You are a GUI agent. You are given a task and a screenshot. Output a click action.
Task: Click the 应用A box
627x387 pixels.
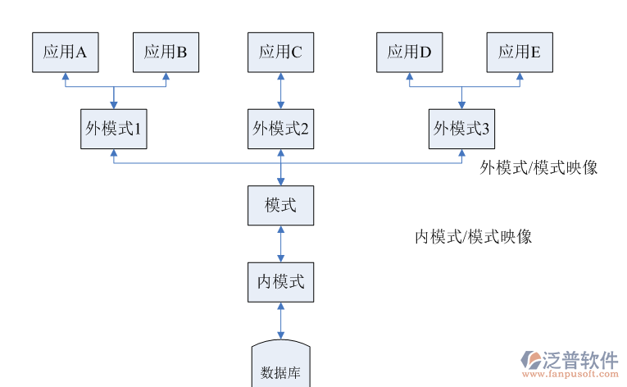tap(65, 52)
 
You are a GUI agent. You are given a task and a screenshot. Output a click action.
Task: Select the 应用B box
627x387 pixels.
tap(166, 52)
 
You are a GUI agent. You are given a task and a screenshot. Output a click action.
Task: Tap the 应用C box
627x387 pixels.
tap(280, 52)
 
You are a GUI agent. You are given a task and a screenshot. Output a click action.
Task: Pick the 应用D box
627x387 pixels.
tap(409, 52)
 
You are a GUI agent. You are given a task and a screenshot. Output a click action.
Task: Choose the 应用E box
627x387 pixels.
tap(519, 52)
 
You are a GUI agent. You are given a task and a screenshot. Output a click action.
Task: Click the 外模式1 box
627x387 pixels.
tap(114, 129)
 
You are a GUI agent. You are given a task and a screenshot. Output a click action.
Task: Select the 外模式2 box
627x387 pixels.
tap(280, 129)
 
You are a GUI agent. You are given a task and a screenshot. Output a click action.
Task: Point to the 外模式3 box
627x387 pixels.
tap(461, 129)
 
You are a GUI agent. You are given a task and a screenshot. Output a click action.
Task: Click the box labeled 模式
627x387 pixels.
tap(280, 205)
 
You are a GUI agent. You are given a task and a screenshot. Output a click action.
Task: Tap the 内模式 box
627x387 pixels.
tap(280, 281)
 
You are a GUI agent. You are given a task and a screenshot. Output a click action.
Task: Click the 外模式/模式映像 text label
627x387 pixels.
tap(538, 168)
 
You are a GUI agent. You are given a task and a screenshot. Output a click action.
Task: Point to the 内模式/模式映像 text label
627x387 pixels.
tap(473, 237)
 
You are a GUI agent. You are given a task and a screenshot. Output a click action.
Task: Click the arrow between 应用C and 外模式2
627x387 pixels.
tap(281, 90)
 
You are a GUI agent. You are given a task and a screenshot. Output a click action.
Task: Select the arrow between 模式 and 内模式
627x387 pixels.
tap(281, 244)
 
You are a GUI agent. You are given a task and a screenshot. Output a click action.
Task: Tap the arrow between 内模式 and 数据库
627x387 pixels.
tap(281, 321)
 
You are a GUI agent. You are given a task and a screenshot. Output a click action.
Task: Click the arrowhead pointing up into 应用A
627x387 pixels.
tap(65, 77)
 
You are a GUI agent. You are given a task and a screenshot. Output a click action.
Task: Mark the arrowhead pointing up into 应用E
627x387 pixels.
tap(519, 77)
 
